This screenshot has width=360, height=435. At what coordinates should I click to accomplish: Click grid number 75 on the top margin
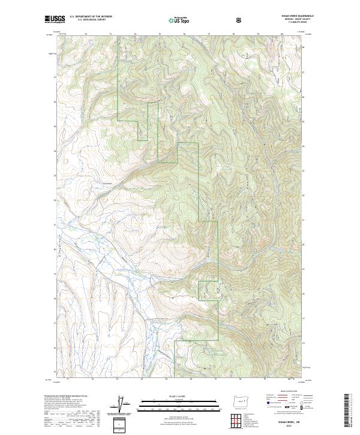click(x=159, y=35)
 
